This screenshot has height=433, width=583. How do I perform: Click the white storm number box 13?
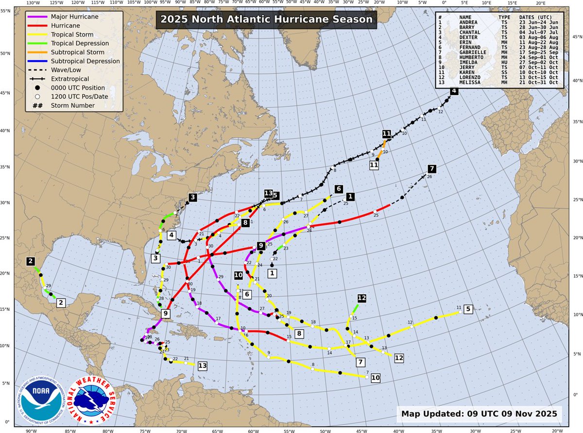[x=203, y=366]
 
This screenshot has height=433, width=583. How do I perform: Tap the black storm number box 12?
[x=361, y=298]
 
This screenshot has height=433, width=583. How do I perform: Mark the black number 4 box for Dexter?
[x=453, y=91]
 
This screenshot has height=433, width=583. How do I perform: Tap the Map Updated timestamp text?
[x=479, y=415]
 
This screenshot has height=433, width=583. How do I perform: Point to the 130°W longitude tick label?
[x=33, y=4]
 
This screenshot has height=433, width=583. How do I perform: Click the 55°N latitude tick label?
[x=6, y=9]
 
